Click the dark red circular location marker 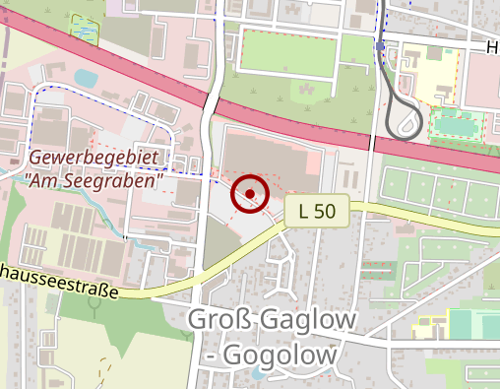(250, 194)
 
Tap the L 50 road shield (318, 209)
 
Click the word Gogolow (281, 354)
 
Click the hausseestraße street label (59, 281)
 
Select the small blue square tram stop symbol (380, 45)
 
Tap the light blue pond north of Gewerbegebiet (87, 77)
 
